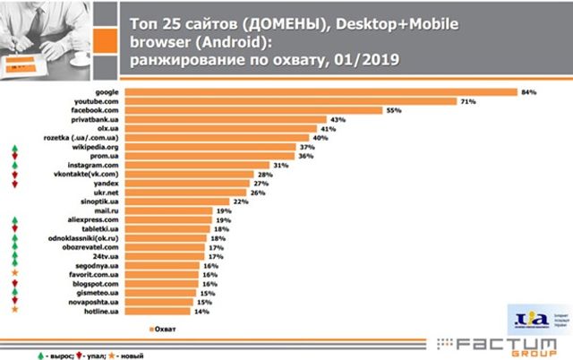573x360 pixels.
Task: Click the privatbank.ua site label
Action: point(98,119)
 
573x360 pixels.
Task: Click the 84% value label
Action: point(529,91)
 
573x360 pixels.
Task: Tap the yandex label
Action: point(105,184)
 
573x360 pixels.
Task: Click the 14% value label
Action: point(203,311)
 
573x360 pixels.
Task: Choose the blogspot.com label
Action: point(97,284)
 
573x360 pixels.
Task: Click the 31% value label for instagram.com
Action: point(282,166)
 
